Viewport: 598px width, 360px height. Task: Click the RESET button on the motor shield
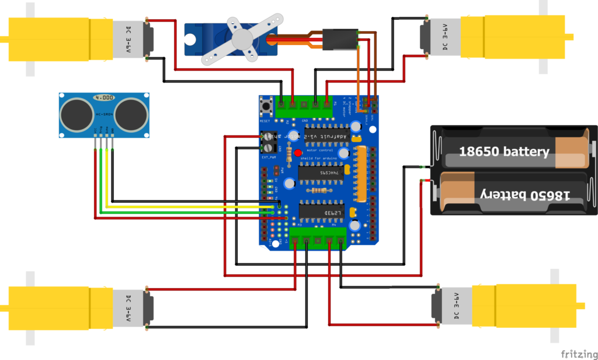click(x=269, y=106)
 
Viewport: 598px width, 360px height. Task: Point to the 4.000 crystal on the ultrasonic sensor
click(x=104, y=97)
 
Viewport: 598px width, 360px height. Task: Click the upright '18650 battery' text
click(x=504, y=151)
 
